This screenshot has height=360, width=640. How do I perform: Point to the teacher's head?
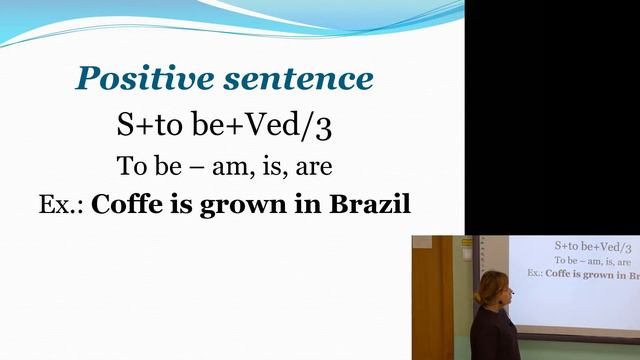[495, 291]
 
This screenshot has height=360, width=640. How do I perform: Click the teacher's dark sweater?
[494, 335]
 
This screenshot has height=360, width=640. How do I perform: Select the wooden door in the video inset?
[432, 300]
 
